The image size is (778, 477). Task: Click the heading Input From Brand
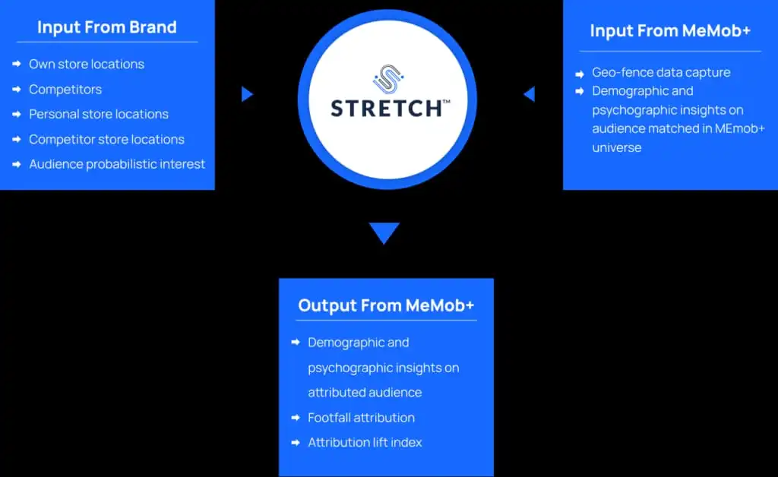[x=106, y=27]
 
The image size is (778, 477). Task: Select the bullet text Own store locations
[x=87, y=64]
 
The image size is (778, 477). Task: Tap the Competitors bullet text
[x=65, y=90]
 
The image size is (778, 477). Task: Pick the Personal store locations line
[x=99, y=114]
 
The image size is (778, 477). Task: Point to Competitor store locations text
[x=106, y=139]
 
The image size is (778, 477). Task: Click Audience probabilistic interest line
[x=117, y=164]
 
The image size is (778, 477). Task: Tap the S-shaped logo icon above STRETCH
[x=388, y=79]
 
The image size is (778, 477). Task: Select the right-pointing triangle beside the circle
[x=247, y=93]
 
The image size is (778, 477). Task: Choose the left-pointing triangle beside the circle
[x=530, y=93]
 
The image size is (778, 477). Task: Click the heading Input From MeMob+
[x=670, y=30]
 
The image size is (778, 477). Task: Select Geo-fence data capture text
[x=661, y=72]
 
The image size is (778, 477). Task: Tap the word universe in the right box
[x=617, y=147]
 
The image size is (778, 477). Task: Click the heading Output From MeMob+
[x=386, y=305]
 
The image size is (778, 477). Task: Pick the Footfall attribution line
[x=361, y=418]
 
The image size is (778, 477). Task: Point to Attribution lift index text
[x=365, y=442]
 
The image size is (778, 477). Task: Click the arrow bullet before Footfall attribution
[x=296, y=418]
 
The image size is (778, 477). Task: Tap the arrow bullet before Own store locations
[x=17, y=64]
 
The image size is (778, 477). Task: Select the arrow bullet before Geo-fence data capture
[x=580, y=74]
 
